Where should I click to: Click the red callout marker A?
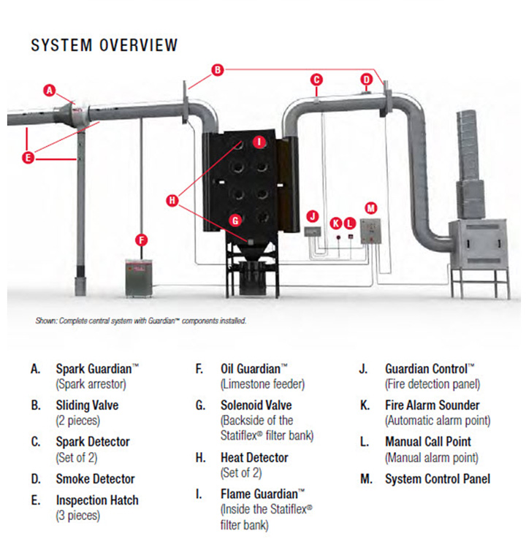pyautogui.click(x=50, y=91)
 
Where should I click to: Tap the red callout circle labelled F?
pyautogui.click(x=142, y=240)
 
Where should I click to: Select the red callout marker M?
pyautogui.click(x=371, y=208)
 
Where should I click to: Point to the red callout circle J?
pyautogui.click(x=313, y=216)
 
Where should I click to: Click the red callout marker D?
pyautogui.click(x=367, y=80)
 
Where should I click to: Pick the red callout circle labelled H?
pyautogui.click(x=172, y=201)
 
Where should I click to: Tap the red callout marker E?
pyautogui.click(x=28, y=157)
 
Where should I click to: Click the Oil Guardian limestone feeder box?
pyautogui.click(x=139, y=278)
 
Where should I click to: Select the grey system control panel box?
pyautogui.click(x=370, y=232)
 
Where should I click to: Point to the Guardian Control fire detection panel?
pyautogui.click(x=313, y=232)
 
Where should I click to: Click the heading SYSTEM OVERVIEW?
pyautogui.click(x=104, y=45)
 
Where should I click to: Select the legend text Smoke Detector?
pyautogui.click(x=96, y=479)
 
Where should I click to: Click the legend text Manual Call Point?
pyautogui.click(x=428, y=442)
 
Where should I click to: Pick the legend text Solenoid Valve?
pyautogui.click(x=256, y=405)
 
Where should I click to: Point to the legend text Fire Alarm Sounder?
pyautogui.click(x=432, y=405)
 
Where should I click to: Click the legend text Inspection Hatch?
pyautogui.click(x=97, y=500)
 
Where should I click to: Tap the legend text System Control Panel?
pyautogui.click(x=438, y=479)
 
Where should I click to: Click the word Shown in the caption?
pyautogui.click(x=46, y=321)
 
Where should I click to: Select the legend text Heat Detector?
pyautogui.click(x=254, y=458)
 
